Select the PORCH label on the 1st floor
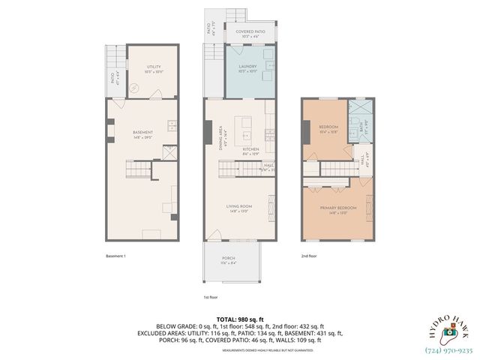click(229, 259)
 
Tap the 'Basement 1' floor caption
click(115, 256)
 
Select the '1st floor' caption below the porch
click(211, 297)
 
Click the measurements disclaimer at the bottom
click(239, 349)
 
